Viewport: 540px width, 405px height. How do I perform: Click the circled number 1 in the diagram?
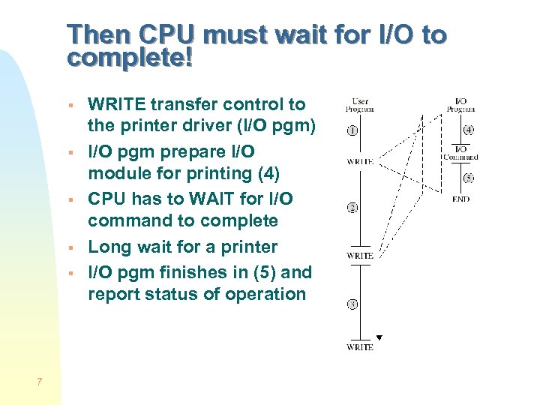pos(352,130)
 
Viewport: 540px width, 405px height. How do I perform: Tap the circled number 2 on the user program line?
pos(352,208)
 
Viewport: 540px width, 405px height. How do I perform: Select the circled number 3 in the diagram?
pos(352,304)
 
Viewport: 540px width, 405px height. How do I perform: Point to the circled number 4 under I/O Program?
pos(469,130)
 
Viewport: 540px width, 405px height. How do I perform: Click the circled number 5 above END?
pos(469,178)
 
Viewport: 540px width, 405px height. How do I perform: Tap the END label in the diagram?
pos(460,199)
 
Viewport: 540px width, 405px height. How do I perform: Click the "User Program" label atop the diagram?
pos(359,105)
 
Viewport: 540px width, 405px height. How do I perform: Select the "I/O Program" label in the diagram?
pos(460,105)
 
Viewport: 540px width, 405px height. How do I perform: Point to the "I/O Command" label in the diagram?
pos(460,153)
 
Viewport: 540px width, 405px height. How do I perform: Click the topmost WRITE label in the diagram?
pos(360,161)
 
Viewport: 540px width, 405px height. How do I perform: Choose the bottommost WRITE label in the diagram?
pos(360,347)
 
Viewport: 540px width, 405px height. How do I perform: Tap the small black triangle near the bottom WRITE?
pos(379,337)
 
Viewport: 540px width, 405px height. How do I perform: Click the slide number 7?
pos(39,382)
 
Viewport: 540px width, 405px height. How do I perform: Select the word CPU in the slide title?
pos(168,34)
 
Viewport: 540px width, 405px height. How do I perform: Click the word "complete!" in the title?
pos(130,58)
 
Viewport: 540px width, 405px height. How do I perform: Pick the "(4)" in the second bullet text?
pos(267,173)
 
